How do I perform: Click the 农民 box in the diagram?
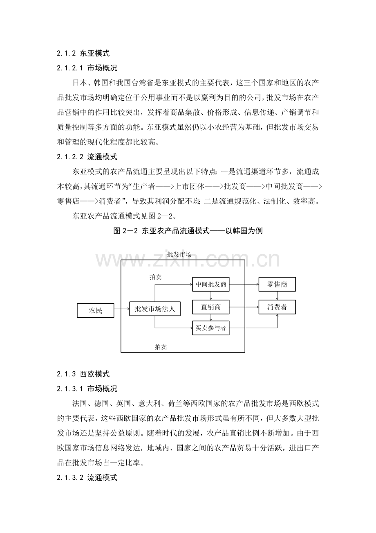click(x=96, y=310)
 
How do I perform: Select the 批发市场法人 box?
click(x=155, y=309)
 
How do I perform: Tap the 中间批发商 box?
click(x=211, y=284)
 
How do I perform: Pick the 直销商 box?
click(x=211, y=307)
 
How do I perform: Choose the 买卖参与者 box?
click(x=211, y=328)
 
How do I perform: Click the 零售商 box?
click(x=277, y=284)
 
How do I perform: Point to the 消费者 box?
click(x=277, y=307)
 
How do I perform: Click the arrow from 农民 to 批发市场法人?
click(x=122, y=309)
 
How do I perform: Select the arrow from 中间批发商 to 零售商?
click(x=244, y=284)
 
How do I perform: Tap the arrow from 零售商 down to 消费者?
click(x=277, y=296)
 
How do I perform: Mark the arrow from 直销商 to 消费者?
click(x=244, y=307)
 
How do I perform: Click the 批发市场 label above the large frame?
click(x=179, y=254)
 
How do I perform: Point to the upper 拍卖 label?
click(x=156, y=277)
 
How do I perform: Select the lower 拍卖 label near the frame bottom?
click(x=161, y=347)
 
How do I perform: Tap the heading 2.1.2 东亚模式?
click(x=83, y=53)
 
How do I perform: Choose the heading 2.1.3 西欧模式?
click(x=83, y=374)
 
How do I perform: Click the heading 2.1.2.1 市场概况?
click(x=87, y=68)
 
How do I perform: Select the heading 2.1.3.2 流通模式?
click(x=87, y=477)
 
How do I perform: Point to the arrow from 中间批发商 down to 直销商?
click(x=211, y=296)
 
